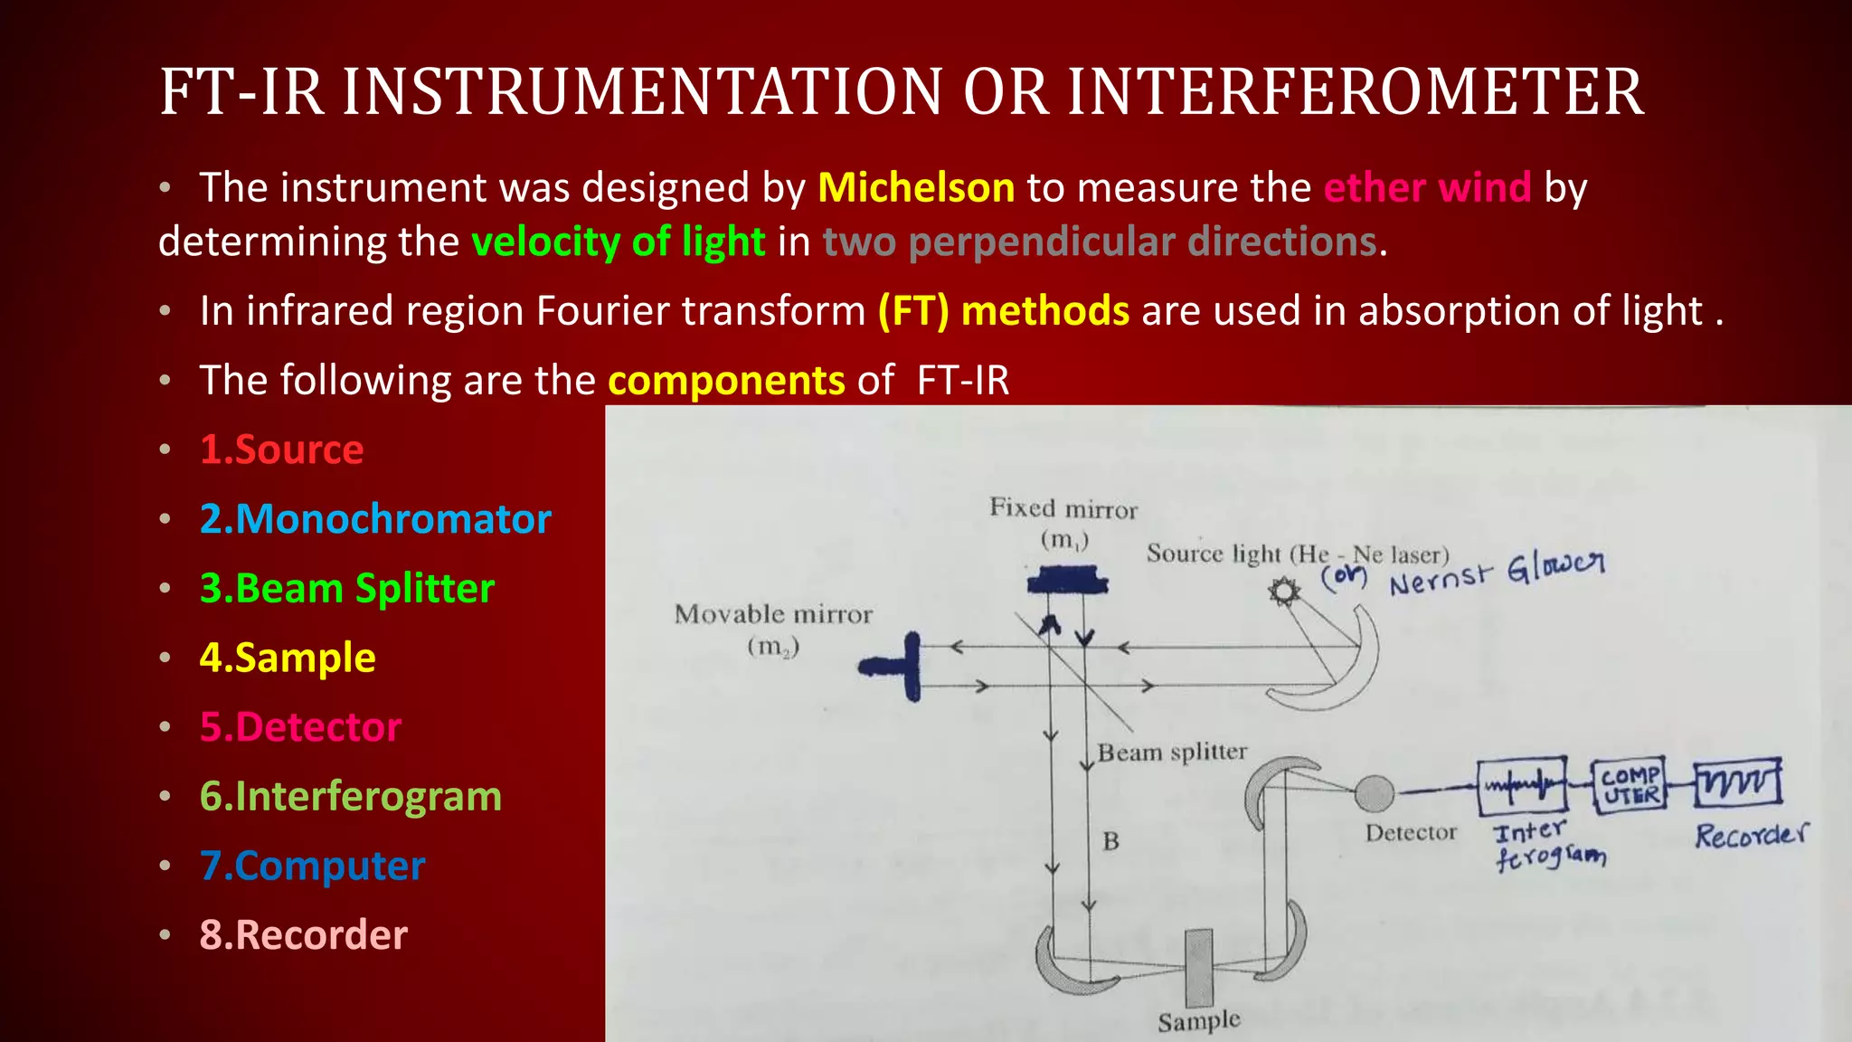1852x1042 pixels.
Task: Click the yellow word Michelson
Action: (915, 188)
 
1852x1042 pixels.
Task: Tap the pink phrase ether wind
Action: (1427, 188)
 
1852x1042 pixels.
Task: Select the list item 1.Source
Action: (281, 450)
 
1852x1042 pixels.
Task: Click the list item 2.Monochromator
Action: (375, 519)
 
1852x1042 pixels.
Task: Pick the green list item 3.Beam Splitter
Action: (346, 589)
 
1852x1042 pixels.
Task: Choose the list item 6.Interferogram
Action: (350, 797)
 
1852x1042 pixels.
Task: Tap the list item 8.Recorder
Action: (303, 935)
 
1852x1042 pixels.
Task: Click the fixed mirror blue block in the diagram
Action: (1067, 580)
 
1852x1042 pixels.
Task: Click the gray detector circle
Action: (1375, 793)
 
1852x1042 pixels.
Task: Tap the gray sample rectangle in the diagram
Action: (1199, 967)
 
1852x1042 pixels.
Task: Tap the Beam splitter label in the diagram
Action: (1172, 753)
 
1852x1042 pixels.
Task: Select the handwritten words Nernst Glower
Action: (1497, 573)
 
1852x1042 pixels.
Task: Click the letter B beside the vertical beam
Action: (1111, 841)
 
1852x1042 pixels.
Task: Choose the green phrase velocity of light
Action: (619, 242)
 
